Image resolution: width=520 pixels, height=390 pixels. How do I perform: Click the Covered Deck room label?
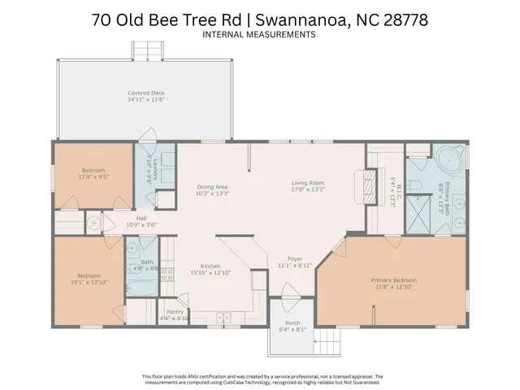coord(146,93)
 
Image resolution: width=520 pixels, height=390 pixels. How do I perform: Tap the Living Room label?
coord(309,183)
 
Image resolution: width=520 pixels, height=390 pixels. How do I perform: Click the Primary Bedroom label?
coord(392,280)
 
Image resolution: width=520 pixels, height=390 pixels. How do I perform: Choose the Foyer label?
coord(284,259)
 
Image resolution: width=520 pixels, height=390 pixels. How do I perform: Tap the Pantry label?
coord(174,311)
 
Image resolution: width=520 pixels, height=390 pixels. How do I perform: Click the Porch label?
coord(293,323)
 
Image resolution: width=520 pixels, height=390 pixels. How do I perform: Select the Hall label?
coord(141,218)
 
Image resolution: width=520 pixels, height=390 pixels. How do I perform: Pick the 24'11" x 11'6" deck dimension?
coord(146,99)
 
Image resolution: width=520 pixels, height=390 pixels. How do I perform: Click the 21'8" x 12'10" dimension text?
coord(392,287)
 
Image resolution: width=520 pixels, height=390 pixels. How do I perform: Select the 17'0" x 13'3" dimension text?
coord(309,189)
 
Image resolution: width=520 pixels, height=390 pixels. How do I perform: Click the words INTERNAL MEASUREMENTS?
coord(259,35)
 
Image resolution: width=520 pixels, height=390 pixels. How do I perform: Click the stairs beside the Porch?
coord(327,342)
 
